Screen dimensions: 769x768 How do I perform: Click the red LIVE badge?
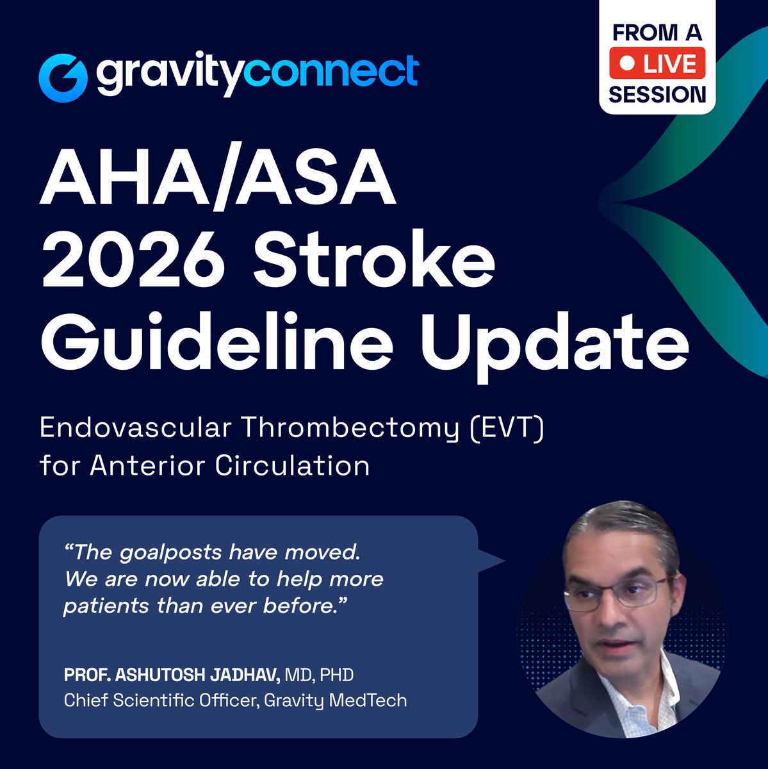pyautogui.click(x=657, y=64)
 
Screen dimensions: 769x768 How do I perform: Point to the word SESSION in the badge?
pyautogui.click(x=657, y=94)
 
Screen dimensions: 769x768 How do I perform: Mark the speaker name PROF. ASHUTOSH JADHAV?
pyautogui.click(x=172, y=675)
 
